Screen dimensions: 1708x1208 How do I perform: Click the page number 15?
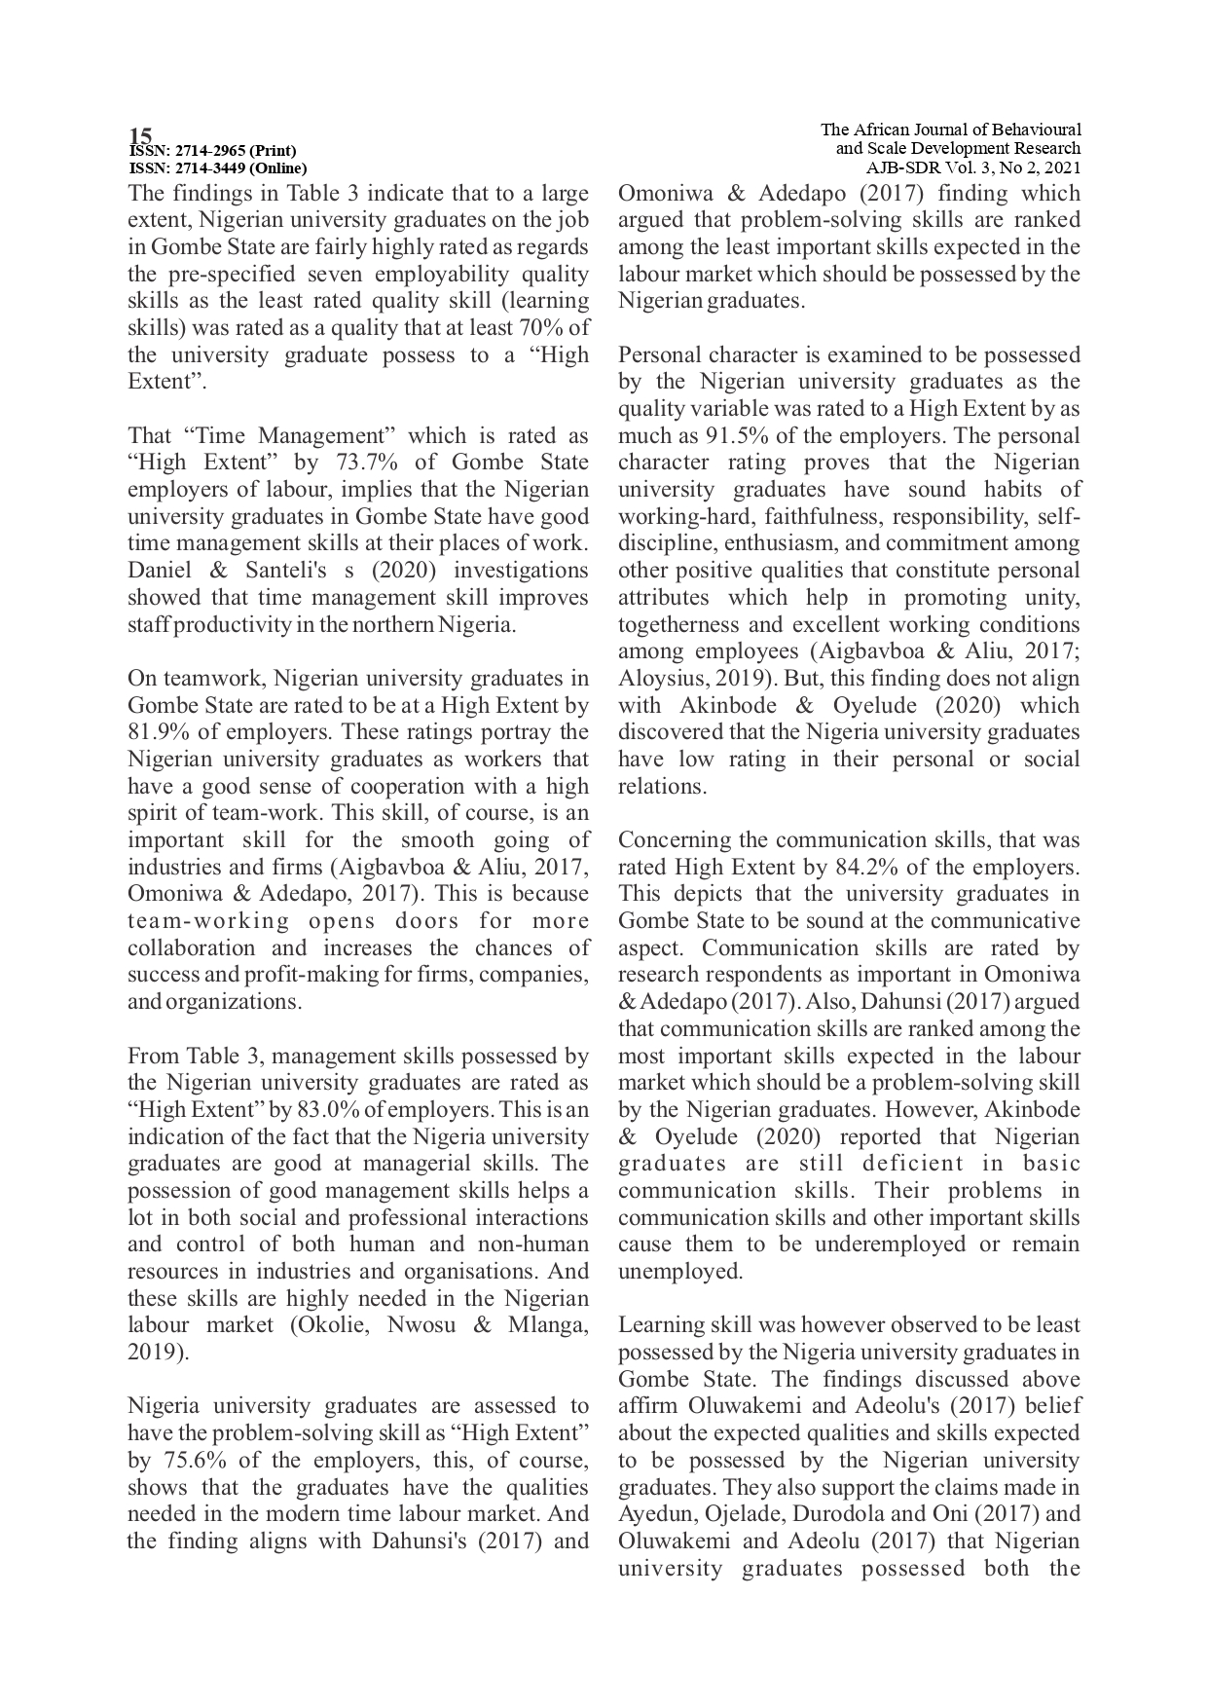pos(140,134)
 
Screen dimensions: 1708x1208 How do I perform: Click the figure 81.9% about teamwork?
pos(159,732)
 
